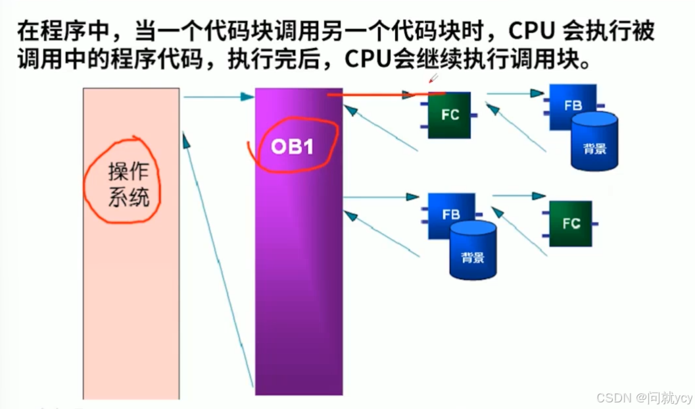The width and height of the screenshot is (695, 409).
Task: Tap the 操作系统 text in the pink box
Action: point(129,185)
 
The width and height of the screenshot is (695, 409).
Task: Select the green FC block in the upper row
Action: point(449,115)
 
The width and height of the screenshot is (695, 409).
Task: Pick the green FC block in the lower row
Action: point(570,223)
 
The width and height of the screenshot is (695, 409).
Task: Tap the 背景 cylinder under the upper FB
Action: point(594,142)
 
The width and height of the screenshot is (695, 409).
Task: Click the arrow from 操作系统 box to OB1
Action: point(218,97)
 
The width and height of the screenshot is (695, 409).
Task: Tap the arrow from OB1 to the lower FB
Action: point(381,196)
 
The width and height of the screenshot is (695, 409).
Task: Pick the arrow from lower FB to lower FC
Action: point(519,195)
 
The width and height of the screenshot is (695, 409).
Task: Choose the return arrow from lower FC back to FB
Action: point(519,231)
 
